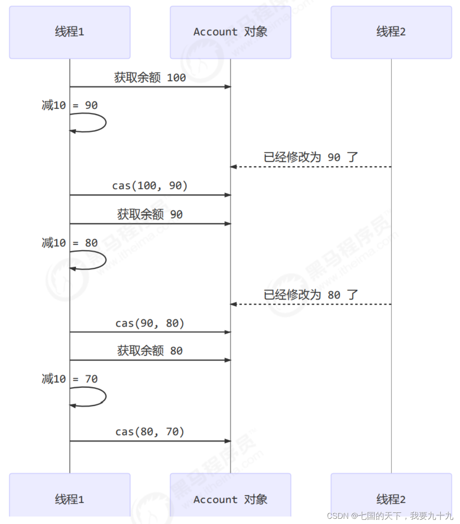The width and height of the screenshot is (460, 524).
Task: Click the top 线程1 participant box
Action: (x=70, y=32)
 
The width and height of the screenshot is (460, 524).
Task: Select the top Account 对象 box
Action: (x=230, y=32)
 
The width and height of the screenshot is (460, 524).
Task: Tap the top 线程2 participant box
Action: (x=391, y=32)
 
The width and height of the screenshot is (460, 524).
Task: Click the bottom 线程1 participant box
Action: (x=70, y=498)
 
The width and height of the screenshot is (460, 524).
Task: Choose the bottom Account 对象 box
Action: (x=230, y=498)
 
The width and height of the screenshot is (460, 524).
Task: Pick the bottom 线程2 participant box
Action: (x=391, y=498)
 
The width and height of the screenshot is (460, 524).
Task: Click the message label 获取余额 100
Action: (x=150, y=78)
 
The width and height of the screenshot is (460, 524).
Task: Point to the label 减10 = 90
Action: (x=70, y=105)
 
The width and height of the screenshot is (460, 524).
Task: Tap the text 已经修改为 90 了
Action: (x=311, y=157)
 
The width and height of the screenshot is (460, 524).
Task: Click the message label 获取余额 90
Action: (x=150, y=214)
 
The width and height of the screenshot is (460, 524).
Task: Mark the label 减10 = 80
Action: (x=70, y=243)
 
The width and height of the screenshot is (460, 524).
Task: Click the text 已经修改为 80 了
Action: (x=311, y=295)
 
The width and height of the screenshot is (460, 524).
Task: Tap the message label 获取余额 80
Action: (x=150, y=351)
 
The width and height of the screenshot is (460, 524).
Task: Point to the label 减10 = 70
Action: (x=70, y=379)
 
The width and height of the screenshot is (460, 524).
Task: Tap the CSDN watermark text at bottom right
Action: (x=390, y=516)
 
